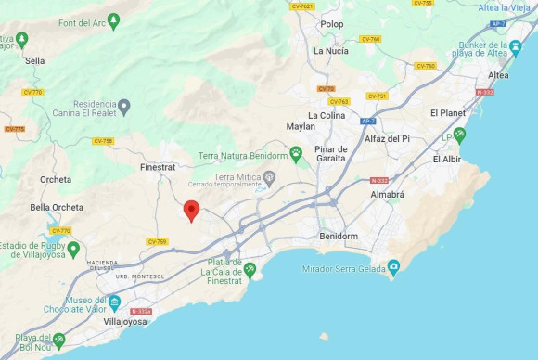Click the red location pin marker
tap(191, 211)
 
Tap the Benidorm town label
tap(338, 236)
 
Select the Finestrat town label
tap(157, 168)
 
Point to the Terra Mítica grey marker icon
tap(270, 176)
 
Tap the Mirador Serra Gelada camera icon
tap(393, 268)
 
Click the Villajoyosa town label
tap(127, 321)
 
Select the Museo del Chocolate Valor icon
tap(113, 303)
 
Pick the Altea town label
tap(498, 74)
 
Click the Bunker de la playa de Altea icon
tap(516, 45)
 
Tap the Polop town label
tap(331, 24)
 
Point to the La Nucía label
tap(330, 51)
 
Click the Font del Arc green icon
tap(113, 19)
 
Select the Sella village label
tap(35, 60)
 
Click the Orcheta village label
tap(56, 179)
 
